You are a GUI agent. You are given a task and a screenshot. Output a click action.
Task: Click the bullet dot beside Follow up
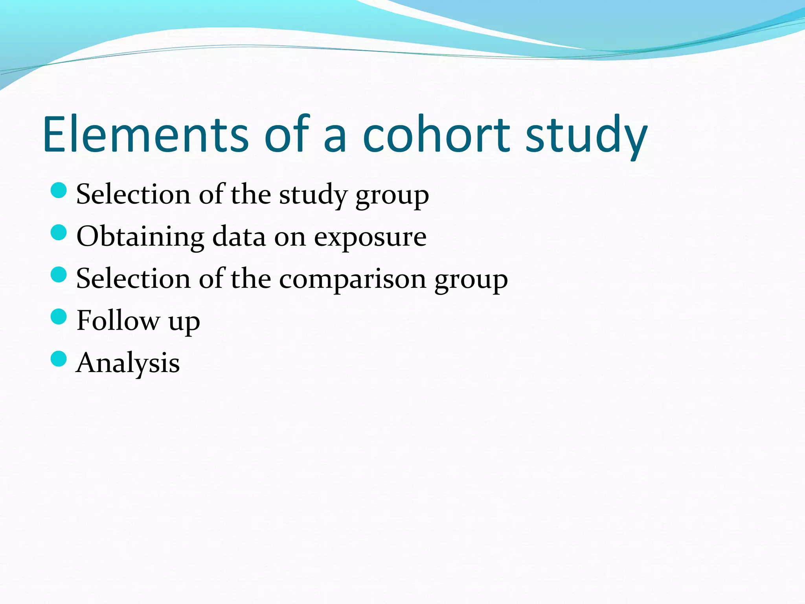click(x=59, y=317)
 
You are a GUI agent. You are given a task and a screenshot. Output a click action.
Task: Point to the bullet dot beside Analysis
click(x=59, y=359)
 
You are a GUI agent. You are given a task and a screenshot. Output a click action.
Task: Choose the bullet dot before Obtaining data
click(x=59, y=232)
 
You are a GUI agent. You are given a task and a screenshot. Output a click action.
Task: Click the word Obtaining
click(x=140, y=237)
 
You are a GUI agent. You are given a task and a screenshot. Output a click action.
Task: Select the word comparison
click(x=353, y=279)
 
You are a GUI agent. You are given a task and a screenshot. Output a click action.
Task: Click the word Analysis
click(x=128, y=363)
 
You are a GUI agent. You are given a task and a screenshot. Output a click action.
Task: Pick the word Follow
click(x=118, y=320)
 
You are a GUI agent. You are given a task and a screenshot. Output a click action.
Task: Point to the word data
click(x=239, y=237)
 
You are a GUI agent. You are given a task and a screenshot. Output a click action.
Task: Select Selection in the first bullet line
click(x=133, y=194)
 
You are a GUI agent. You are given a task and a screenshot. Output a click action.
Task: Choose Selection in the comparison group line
click(x=133, y=278)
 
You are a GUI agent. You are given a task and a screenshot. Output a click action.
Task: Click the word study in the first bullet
click(x=313, y=195)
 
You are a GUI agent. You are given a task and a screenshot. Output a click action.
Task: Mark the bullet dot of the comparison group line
click(x=59, y=274)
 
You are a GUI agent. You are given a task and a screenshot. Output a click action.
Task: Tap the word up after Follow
click(x=184, y=322)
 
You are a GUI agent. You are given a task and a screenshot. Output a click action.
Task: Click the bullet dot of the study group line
click(x=59, y=190)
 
